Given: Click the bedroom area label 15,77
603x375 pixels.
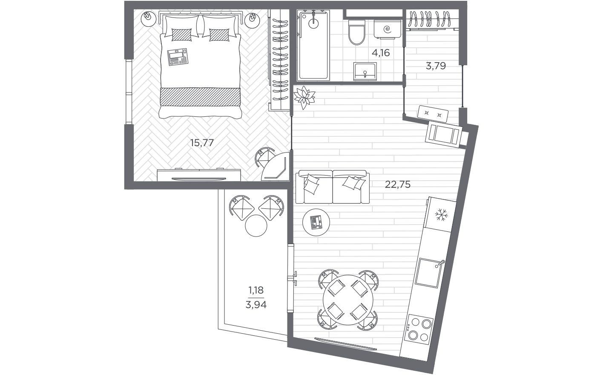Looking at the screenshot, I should pyautogui.click(x=201, y=143).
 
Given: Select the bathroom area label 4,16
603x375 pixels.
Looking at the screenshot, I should pyautogui.click(x=381, y=53).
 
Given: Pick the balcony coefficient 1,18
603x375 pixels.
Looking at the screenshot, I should pyautogui.click(x=256, y=291).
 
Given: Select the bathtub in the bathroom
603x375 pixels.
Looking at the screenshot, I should pyautogui.click(x=314, y=46).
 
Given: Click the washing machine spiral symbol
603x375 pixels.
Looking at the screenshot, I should pyautogui.click(x=387, y=29).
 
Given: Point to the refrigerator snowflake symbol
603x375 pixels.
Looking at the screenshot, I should pyautogui.click(x=440, y=216).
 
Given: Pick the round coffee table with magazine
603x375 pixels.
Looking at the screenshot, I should pyautogui.click(x=316, y=222).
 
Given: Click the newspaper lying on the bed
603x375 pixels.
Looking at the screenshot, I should pyautogui.click(x=177, y=57).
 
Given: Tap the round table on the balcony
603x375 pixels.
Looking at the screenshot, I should pyautogui.click(x=256, y=225).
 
